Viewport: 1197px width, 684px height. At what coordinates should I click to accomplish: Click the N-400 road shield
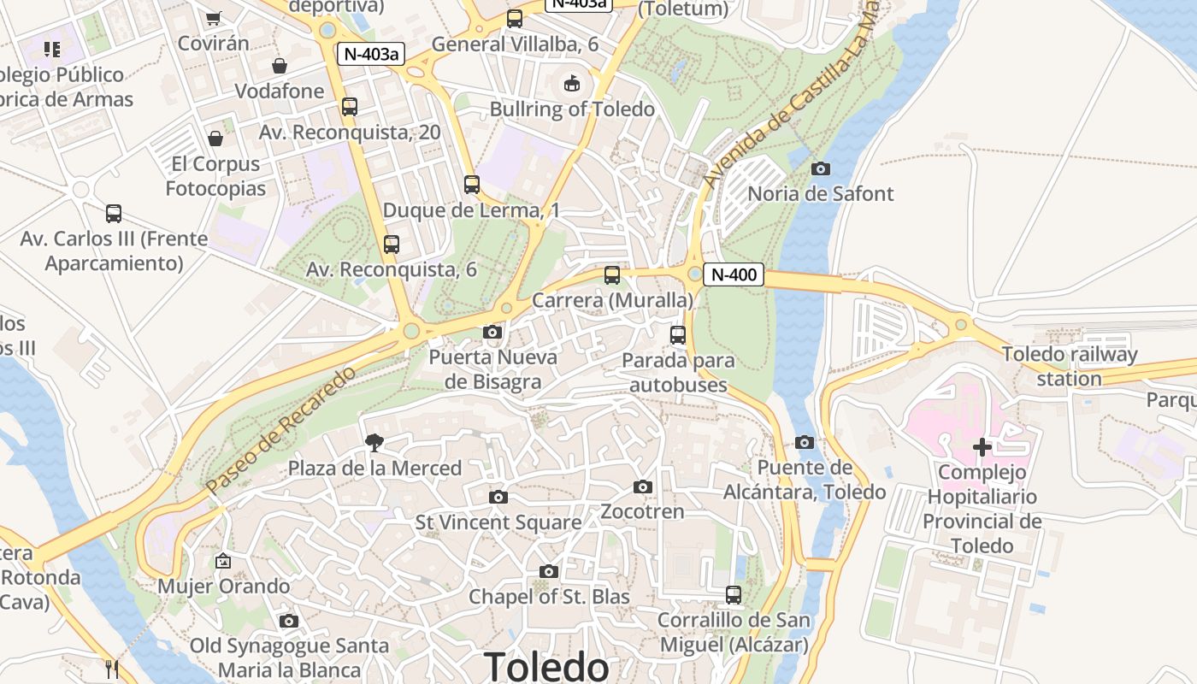(734, 274)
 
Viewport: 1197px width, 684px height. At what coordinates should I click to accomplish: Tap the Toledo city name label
(546, 666)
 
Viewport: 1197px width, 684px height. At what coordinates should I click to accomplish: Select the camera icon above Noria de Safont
(821, 168)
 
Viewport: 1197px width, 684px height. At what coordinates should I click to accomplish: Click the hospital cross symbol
(982, 446)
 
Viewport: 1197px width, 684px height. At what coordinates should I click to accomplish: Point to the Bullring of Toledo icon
(571, 83)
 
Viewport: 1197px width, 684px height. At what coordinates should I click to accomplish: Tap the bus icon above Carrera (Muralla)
(612, 275)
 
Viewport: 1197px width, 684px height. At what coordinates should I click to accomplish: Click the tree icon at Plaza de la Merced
(374, 442)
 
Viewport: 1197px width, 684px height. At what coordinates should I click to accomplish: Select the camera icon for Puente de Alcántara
(804, 442)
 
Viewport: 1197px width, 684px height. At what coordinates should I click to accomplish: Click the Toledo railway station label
(1070, 366)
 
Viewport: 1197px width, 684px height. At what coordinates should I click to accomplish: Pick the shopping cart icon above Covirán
(214, 18)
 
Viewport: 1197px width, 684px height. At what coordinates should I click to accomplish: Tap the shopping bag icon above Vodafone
(279, 66)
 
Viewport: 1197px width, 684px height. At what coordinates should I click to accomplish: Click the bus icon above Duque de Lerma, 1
(471, 184)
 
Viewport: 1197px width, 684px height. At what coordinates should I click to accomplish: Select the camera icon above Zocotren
(643, 486)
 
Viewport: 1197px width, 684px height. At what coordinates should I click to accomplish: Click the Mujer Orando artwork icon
(223, 561)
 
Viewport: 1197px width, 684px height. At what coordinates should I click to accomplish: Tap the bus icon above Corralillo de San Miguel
(734, 594)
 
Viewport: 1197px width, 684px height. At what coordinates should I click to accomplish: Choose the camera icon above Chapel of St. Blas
(549, 571)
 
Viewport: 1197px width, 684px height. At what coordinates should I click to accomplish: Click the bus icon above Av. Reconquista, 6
(392, 244)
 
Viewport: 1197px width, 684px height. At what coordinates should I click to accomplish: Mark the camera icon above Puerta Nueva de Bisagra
(492, 332)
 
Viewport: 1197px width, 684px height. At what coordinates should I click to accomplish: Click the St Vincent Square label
(498, 522)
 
